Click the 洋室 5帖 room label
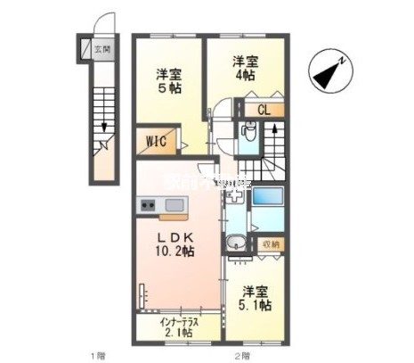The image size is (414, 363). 170,81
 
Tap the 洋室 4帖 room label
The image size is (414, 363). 245,69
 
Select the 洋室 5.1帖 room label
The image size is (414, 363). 256,298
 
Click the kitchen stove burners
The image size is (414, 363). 146,206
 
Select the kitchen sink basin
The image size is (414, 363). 173,206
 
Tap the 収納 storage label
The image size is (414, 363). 270,243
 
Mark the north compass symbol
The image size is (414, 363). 330,69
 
